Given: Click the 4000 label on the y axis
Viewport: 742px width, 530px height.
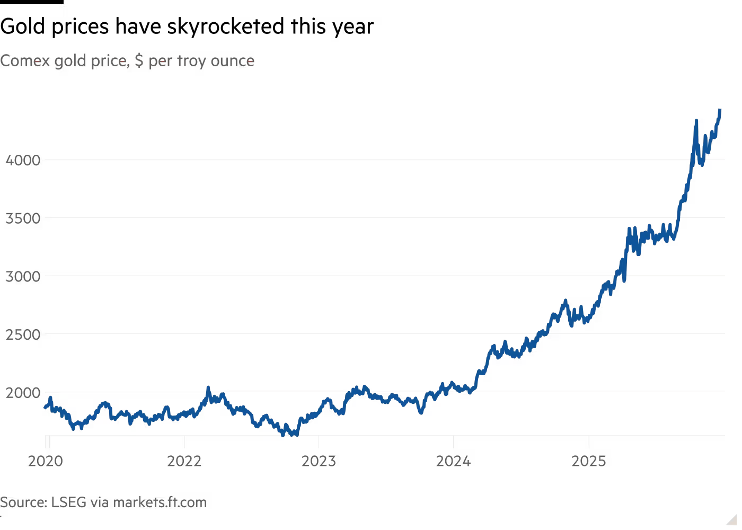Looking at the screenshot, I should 22,160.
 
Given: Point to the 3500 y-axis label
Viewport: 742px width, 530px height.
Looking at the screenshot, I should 22,218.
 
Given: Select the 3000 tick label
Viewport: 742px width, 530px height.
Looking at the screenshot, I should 22,277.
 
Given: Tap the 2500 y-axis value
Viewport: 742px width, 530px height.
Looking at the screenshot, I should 22,335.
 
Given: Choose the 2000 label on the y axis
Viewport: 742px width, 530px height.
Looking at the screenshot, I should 22,393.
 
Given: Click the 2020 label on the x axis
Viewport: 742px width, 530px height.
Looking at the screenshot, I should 45,462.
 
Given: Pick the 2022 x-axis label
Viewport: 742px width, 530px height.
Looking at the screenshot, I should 184,462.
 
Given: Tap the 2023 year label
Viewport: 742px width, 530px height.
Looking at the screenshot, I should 319,462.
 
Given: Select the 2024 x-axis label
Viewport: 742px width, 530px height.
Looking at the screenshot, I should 453,462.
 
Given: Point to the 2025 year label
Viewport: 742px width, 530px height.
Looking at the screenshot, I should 588,462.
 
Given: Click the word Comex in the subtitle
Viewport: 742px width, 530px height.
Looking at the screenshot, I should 24,61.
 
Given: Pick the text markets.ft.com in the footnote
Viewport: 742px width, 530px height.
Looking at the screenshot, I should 160,502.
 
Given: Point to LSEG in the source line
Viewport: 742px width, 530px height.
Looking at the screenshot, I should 68,502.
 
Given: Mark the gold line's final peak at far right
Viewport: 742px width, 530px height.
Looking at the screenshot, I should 720,109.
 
